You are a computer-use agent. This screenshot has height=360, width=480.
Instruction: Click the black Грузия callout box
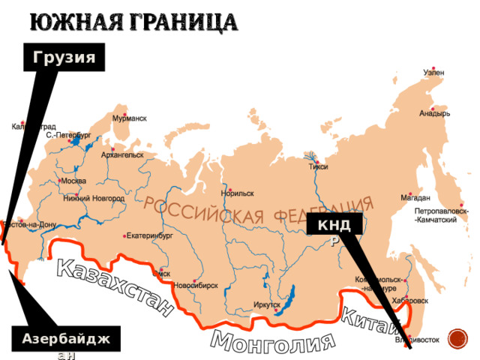click(68, 58)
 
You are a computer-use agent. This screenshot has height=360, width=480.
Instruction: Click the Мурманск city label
click(129, 118)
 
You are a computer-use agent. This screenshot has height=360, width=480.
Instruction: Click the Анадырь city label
click(434, 114)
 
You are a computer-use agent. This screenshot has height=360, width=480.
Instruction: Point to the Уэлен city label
click(433, 73)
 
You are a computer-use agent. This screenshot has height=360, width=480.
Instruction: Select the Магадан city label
click(415, 198)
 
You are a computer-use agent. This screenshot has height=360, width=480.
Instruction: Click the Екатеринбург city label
click(150, 235)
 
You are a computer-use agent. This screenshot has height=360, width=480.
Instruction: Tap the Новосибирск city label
click(196, 286)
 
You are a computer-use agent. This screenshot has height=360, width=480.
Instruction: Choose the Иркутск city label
click(266, 305)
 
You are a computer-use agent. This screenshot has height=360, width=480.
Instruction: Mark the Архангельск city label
click(122, 155)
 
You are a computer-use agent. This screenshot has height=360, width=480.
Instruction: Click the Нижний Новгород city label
click(94, 198)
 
